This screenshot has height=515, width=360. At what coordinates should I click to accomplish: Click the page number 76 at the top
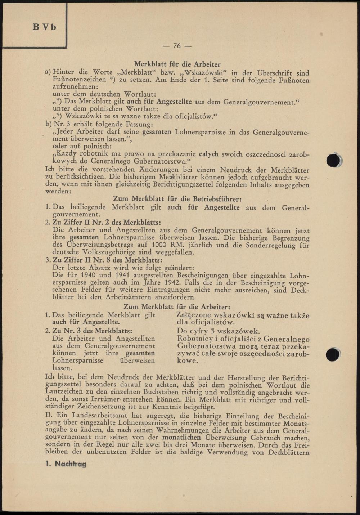(177, 46)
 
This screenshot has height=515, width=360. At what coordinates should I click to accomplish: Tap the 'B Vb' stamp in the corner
(45, 27)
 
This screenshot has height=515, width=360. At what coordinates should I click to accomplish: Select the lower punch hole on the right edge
(333, 354)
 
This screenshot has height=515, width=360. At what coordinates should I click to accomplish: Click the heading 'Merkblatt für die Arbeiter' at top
(177, 64)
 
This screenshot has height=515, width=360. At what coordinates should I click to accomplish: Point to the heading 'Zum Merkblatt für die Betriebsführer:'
(177, 199)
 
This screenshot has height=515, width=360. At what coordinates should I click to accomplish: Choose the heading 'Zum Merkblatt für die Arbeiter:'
(177, 307)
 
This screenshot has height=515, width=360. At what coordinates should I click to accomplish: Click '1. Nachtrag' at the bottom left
(66, 464)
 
